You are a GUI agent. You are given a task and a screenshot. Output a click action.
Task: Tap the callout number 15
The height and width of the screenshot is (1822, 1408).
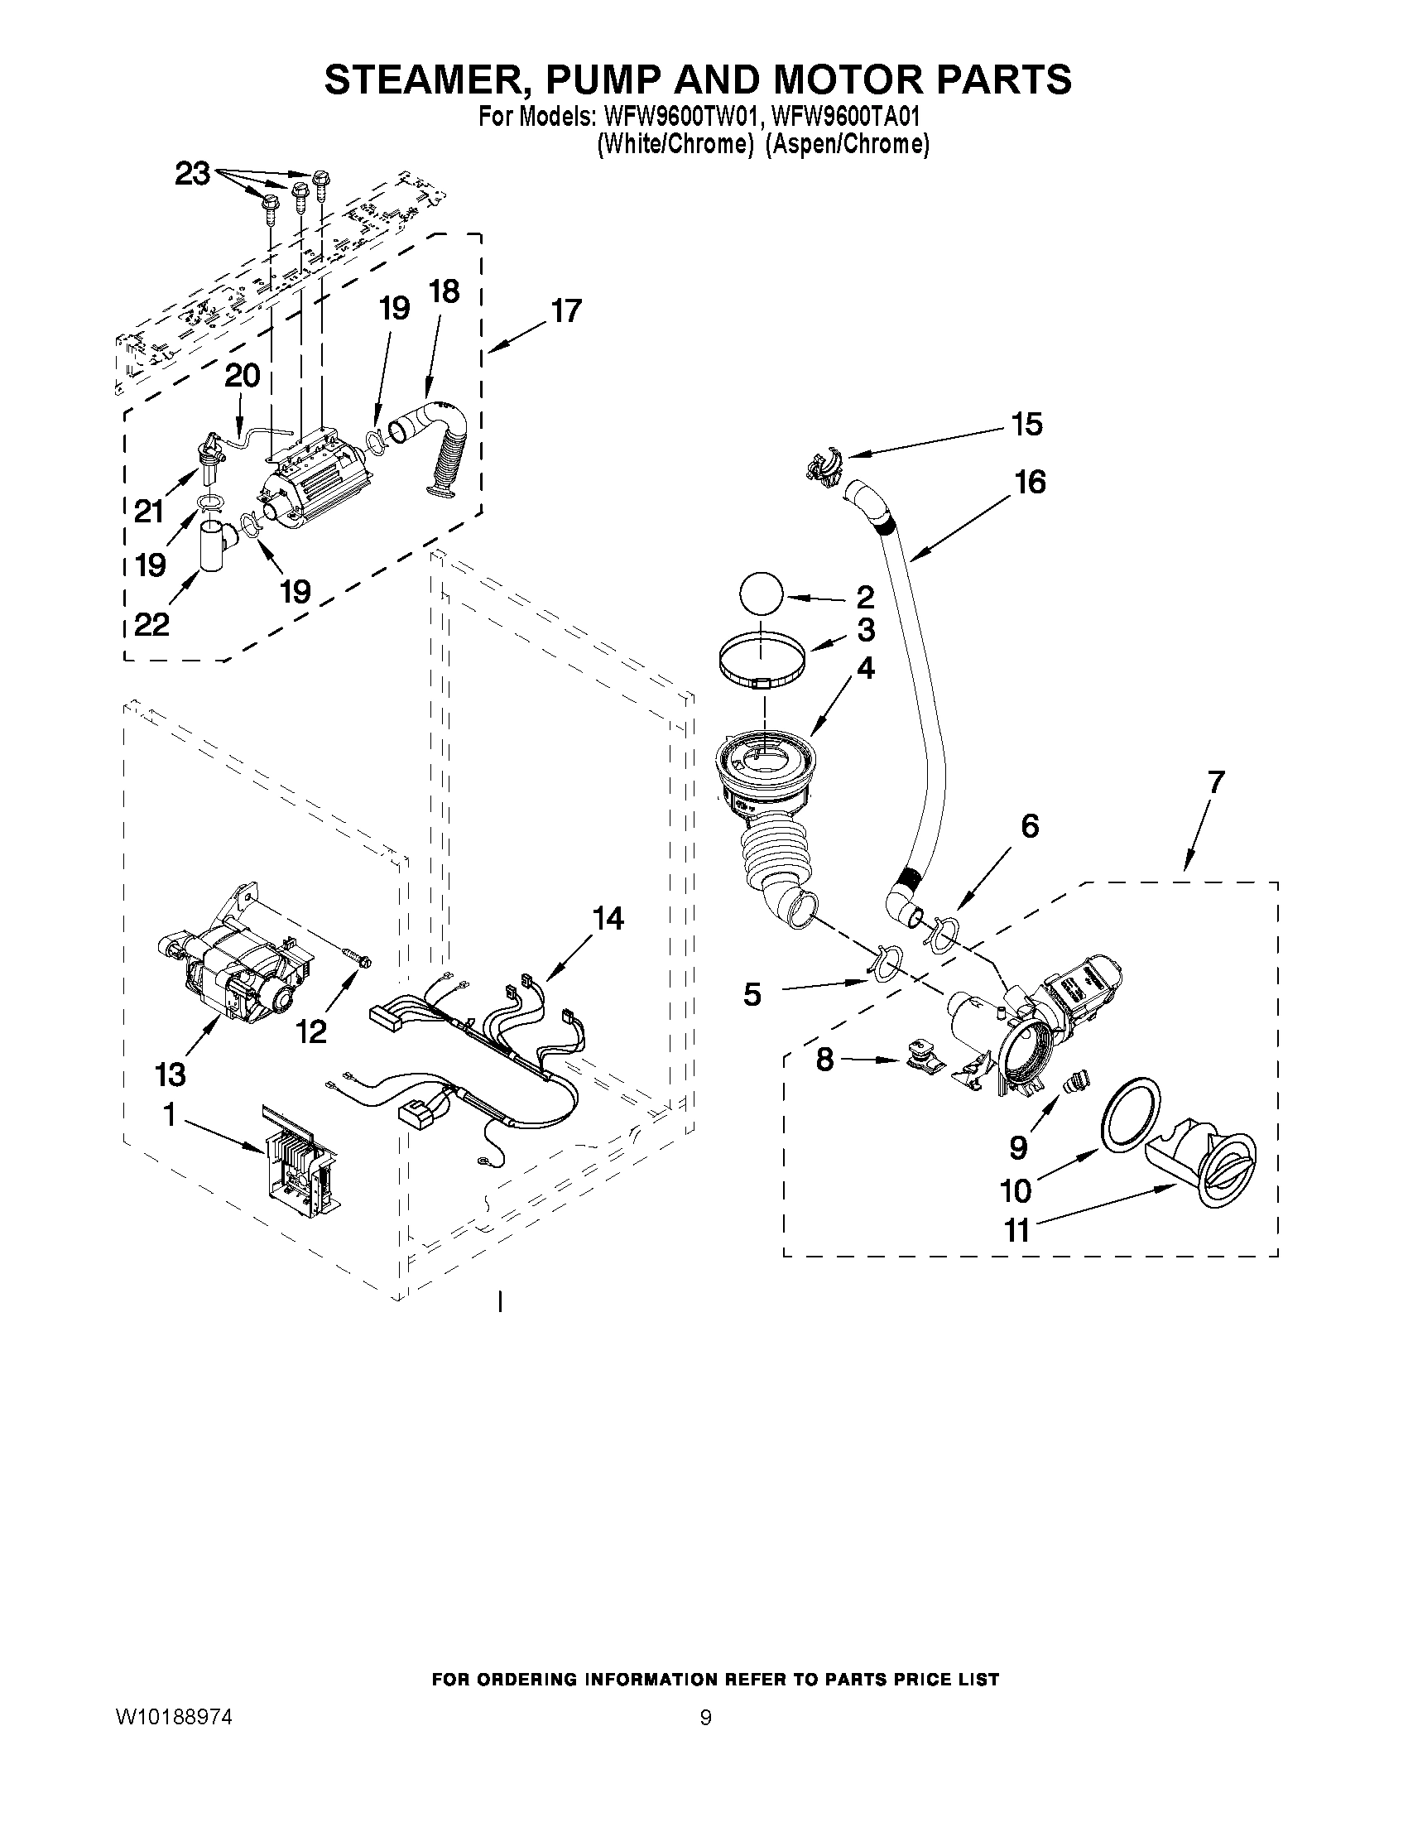click(x=1026, y=425)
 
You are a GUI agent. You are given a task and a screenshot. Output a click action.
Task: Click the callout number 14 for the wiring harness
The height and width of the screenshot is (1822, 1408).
click(x=608, y=919)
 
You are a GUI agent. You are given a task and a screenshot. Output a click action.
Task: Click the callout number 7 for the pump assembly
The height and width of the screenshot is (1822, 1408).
click(x=1215, y=781)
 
